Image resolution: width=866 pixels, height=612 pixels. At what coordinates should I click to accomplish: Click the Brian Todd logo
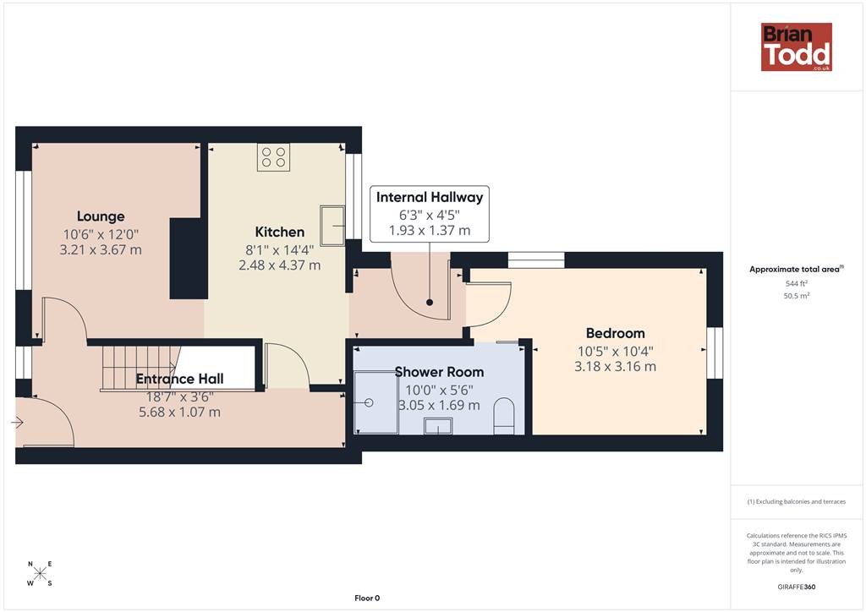pos(797,46)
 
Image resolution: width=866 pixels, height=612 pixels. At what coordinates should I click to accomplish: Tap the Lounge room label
pos(101,216)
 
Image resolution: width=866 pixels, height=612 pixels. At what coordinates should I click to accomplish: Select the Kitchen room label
pos(279,232)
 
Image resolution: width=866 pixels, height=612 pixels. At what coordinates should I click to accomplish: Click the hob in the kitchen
pos(273,157)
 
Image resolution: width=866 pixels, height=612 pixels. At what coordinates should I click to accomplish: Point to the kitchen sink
pos(332,226)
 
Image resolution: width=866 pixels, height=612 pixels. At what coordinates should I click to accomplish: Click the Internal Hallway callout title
pos(430,197)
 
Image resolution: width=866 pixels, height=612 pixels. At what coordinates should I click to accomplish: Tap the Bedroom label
pos(616,333)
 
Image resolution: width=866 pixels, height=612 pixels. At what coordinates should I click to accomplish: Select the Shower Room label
pos(439,372)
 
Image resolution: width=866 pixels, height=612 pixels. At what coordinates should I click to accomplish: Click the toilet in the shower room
pos(503,416)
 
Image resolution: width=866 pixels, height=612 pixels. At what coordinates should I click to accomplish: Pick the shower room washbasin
pos(438,426)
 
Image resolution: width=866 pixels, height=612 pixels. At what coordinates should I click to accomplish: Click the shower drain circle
pos(369,403)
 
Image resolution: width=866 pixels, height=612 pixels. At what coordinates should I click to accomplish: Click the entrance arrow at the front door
pos(17,423)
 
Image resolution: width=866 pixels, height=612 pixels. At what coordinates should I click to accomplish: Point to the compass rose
pos(40,573)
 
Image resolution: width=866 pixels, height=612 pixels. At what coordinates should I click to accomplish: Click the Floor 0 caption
pos(367,598)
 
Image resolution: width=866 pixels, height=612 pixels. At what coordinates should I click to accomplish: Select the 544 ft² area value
pos(797,283)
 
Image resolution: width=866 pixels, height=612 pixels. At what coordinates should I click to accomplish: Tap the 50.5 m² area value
pos(797,296)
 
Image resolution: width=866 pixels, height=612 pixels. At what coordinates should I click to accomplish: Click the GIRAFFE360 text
pos(797,587)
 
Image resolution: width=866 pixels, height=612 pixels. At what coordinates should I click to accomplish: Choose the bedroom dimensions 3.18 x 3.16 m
pos(616,366)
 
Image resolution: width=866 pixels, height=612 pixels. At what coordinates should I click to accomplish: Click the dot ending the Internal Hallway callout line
pos(430,303)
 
